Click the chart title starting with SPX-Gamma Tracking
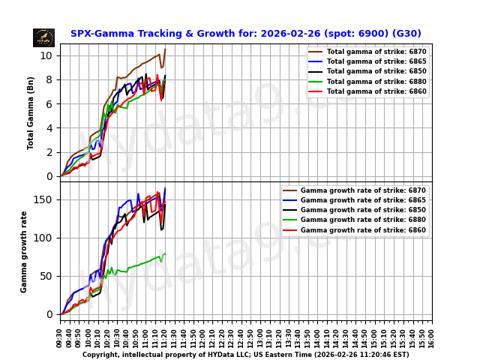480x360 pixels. (246, 34)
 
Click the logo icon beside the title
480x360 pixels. (43, 37)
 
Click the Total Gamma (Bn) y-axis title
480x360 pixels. (31, 112)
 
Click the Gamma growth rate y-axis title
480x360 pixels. (24, 251)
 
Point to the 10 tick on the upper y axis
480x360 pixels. (46, 55)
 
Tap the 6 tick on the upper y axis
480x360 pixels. (49, 104)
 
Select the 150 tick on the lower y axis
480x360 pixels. (43, 199)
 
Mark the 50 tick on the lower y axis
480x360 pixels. (46, 276)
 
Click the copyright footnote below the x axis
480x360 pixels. (246, 355)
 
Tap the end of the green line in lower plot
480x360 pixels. (165, 253)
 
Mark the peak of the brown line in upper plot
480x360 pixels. (165, 49)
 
